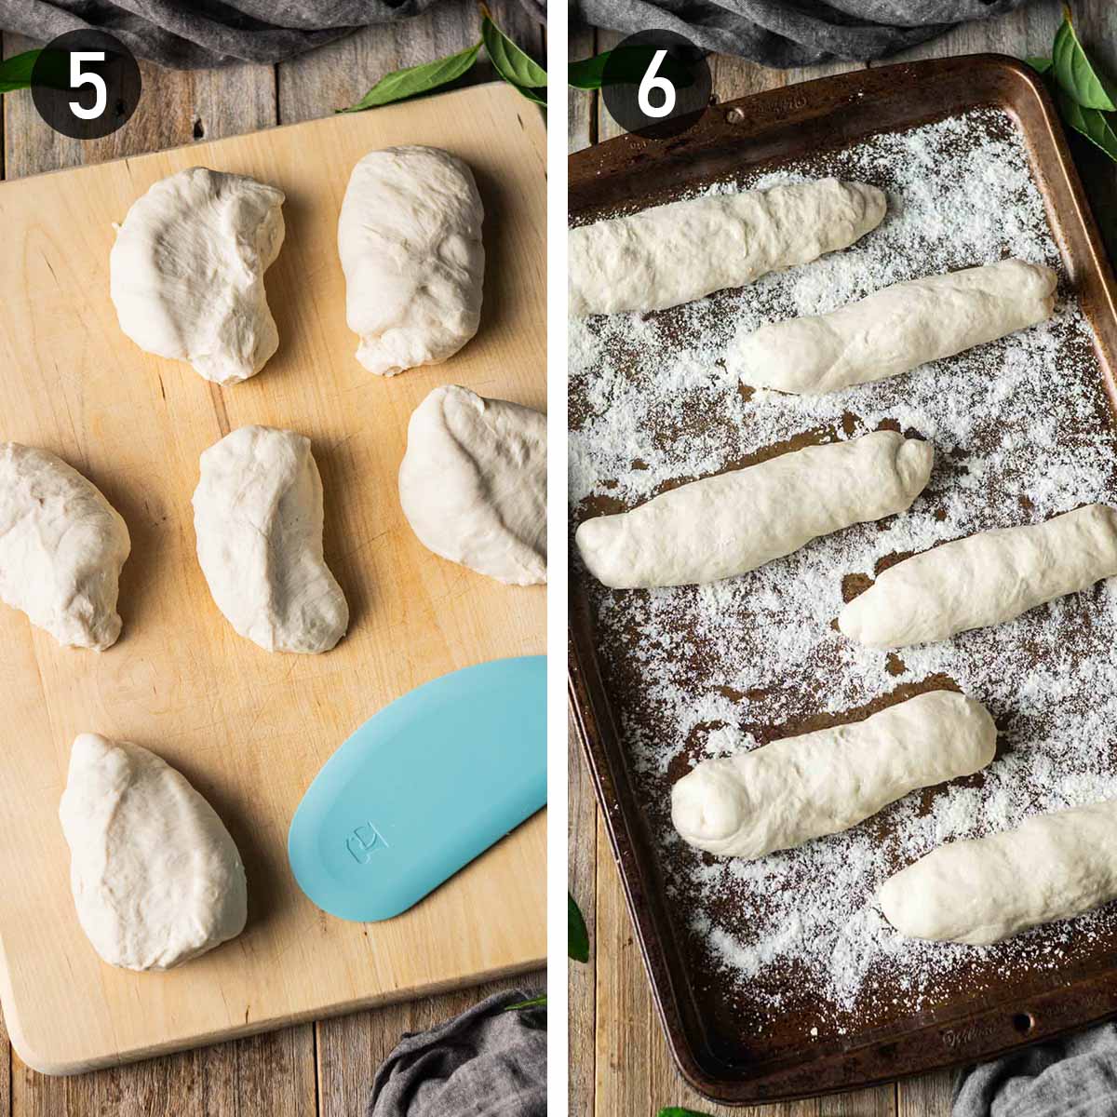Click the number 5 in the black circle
(87, 87)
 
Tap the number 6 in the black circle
(656, 87)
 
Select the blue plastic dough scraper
(419, 791)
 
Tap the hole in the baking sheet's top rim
(735, 115)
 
